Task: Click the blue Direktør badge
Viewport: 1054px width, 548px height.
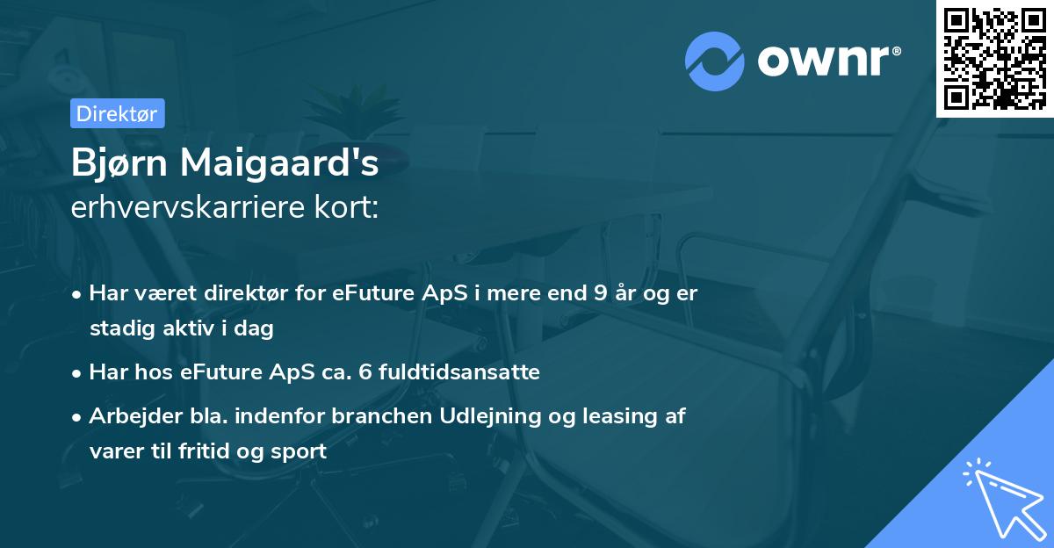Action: (x=118, y=113)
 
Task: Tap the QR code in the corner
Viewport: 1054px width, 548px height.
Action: (x=995, y=59)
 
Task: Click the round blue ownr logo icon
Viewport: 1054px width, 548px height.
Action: (x=715, y=61)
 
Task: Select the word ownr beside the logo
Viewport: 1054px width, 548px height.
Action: (x=823, y=61)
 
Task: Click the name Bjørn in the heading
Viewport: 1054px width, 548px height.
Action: (x=119, y=162)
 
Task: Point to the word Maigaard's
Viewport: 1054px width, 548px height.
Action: (x=279, y=162)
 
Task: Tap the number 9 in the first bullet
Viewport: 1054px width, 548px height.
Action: (x=601, y=293)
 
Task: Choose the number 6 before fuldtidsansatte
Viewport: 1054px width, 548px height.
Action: (x=365, y=372)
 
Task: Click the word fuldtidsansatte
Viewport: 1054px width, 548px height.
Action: (x=459, y=371)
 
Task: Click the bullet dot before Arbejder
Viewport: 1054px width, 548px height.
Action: (x=76, y=417)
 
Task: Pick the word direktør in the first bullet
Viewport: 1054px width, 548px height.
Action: (x=246, y=293)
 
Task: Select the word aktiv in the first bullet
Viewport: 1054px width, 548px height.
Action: (x=188, y=328)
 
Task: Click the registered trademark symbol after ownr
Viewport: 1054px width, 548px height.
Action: (x=897, y=51)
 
